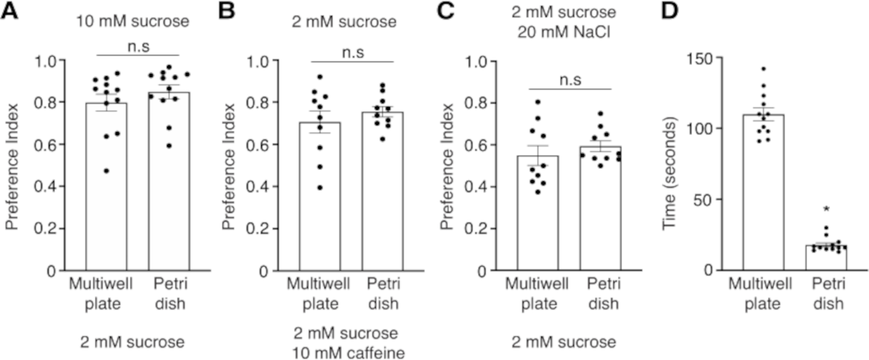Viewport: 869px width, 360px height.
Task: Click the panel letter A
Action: [x=10, y=10]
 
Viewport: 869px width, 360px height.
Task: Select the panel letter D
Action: [x=670, y=10]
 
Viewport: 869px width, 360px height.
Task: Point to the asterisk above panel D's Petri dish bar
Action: [x=826, y=210]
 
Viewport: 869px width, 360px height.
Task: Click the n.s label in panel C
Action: [x=570, y=80]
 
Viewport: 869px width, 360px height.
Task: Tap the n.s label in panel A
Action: [x=138, y=46]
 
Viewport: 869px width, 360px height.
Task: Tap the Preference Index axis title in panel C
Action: [x=447, y=166]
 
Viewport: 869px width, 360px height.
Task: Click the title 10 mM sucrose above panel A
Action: [x=133, y=21]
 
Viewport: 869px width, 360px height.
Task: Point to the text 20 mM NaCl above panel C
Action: [x=564, y=32]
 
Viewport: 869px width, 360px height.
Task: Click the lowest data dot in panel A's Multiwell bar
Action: [x=106, y=171]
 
